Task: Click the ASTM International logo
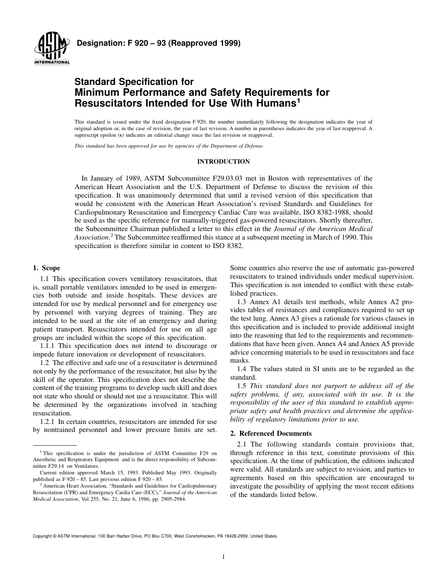point(51,50)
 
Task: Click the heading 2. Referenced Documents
point(271,433)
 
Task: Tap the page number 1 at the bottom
point(224,557)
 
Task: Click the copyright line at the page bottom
point(155,536)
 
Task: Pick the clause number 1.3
point(242,301)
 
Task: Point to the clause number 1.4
point(242,369)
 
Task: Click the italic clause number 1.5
point(242,386)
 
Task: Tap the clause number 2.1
point(242,444)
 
